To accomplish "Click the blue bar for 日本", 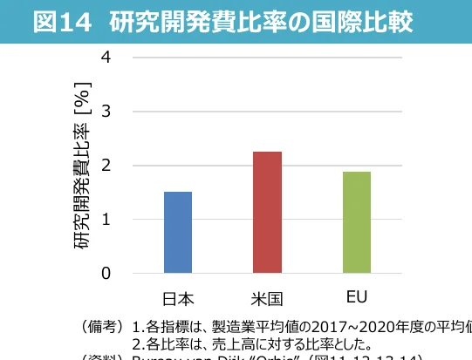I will [178, 232].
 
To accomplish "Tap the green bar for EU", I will [356, 222].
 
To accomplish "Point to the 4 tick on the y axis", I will [106, 57].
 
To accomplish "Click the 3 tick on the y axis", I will [106, 111].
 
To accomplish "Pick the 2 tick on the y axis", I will [106, 165].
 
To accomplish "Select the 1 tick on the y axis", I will [106, 219].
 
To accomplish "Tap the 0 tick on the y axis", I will [106, 273].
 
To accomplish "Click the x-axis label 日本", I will [178, 298].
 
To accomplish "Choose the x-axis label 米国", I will [267, 298].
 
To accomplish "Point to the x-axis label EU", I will [356, 297].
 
